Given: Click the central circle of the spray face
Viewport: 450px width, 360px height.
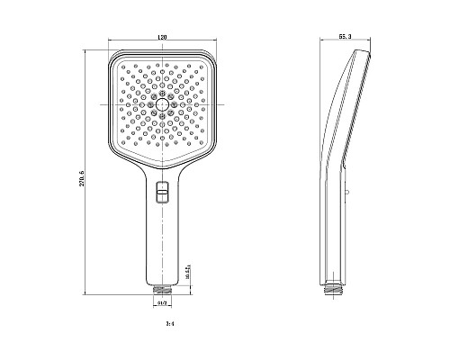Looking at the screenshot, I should (161, 105).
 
